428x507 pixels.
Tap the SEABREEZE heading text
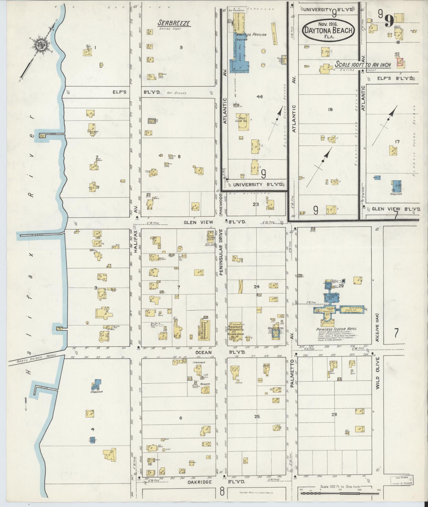174,23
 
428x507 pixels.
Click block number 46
260,97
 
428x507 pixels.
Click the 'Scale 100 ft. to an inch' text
363,65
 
